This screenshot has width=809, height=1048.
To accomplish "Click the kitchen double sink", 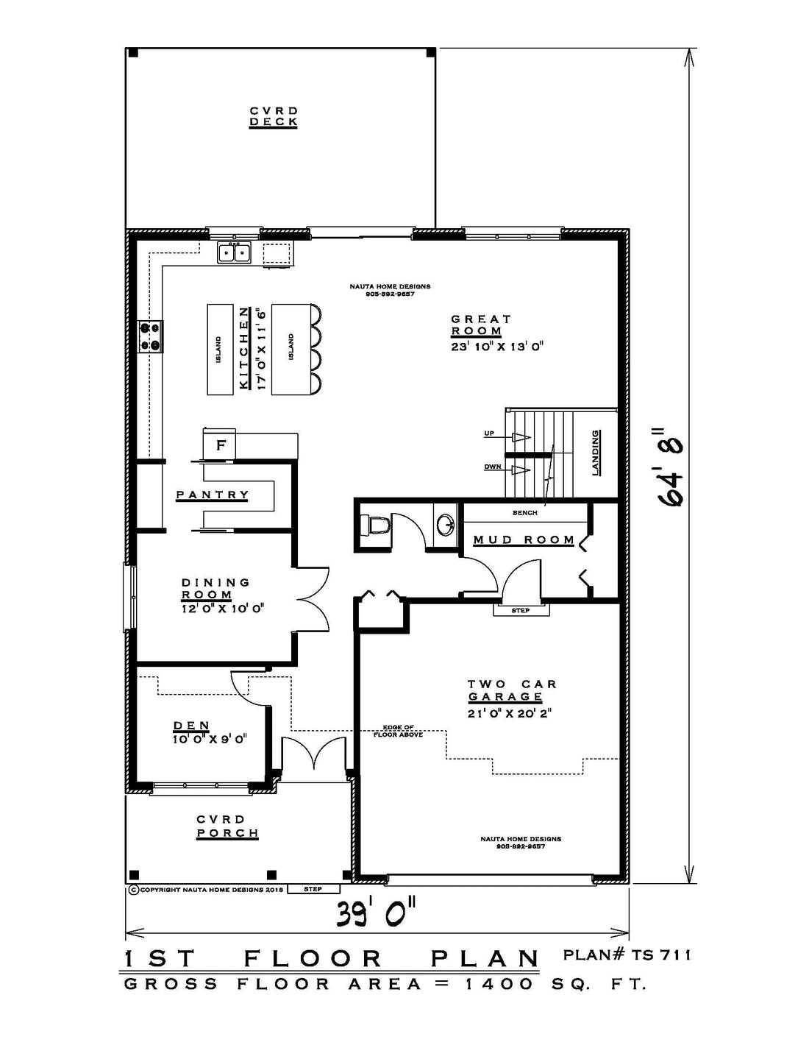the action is click(x=234, y=252).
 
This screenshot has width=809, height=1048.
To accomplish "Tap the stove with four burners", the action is click(x=150, y=336).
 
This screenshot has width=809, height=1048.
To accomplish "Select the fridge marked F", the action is click(x=220, y=445).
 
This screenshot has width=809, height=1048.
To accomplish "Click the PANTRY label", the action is click(x=212, y=495).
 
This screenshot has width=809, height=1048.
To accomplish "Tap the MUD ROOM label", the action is click(x=524, y=539).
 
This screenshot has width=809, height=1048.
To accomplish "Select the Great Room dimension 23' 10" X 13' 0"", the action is click(x=497, y=347).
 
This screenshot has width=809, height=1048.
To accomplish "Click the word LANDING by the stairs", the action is click(x=596, y=453).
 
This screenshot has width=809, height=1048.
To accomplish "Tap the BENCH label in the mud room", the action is click(x=524, y=513).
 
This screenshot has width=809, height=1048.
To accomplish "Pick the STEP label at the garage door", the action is click(x=521, y=610).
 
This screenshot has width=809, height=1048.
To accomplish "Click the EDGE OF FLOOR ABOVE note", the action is click(x=398, y=731).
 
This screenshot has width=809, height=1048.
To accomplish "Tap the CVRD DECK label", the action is click(x=273, y=117).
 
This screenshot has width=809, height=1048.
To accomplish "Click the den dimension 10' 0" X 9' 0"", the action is click(x=210, y=738).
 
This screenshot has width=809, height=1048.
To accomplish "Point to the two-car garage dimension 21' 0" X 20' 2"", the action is click(x=509, y=713).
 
